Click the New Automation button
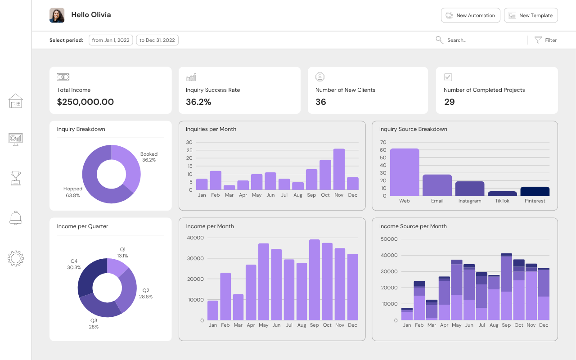471,15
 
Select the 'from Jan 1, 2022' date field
111,40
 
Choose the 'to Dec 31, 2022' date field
157,40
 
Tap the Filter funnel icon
538,40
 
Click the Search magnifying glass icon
440,40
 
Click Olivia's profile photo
57,15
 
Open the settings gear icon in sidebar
16,258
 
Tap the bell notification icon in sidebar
16,218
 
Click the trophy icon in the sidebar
16,178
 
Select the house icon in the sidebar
16,101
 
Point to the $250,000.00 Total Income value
85,102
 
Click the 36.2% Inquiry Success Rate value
198,102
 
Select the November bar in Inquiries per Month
339,169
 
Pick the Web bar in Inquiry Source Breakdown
405,172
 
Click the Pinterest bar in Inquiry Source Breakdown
535,191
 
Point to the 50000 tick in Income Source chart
389,239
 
